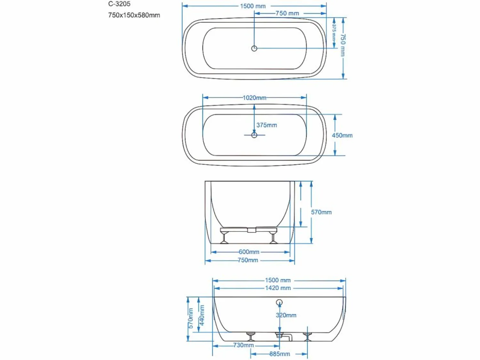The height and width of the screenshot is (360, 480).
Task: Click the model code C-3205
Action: point(119,4)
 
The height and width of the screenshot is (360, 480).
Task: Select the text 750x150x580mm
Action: point(134,15)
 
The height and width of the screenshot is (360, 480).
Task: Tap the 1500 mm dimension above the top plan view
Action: point(253,6)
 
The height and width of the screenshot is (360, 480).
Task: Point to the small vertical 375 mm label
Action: point(334,33)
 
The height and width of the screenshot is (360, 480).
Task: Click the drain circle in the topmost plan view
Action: point(254,49)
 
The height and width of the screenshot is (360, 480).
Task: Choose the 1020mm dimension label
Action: point(254,98)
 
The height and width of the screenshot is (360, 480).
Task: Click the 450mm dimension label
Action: point(342,136)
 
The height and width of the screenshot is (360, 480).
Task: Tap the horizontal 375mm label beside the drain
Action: point(267,125)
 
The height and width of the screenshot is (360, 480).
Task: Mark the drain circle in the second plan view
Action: point(254,135)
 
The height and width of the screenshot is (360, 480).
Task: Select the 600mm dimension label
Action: point(249,252)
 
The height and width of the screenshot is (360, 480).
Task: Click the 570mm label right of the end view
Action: point(321,212)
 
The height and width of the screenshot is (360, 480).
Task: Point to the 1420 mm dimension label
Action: point(278,288)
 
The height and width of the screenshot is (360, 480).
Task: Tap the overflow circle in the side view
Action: point(279,302)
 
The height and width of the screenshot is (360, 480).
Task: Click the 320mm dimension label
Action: point(286,315)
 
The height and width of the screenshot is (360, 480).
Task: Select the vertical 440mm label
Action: point(202,315)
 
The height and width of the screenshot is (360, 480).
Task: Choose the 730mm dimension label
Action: point(244,345)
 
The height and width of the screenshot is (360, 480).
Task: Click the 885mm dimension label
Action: point(280,354)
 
